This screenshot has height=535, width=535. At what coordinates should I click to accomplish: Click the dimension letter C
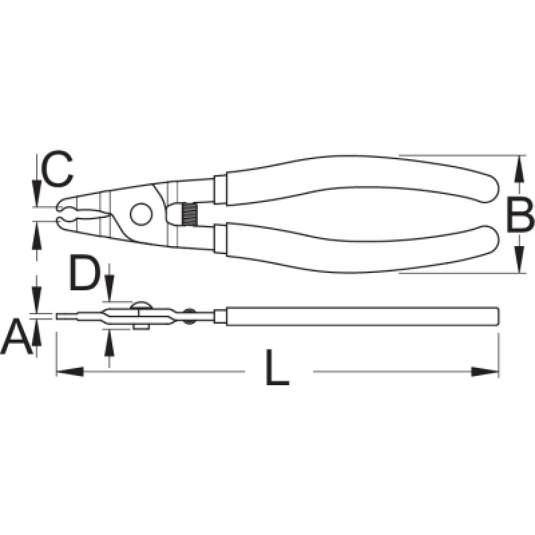click(57, 169)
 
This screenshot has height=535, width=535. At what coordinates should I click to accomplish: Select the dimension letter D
click(84, 274)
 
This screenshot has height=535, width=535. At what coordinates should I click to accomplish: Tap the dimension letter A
click(16, 337)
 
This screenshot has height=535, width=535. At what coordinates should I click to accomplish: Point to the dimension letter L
click(278, 367)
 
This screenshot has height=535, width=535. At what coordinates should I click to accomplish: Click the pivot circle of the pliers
click(141, 214)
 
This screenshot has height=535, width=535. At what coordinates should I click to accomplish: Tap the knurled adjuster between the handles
click(189, 214)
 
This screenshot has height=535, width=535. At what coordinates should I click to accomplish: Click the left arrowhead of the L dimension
click(70, 372)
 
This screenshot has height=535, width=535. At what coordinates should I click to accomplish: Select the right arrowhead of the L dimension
click(485, 372)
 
